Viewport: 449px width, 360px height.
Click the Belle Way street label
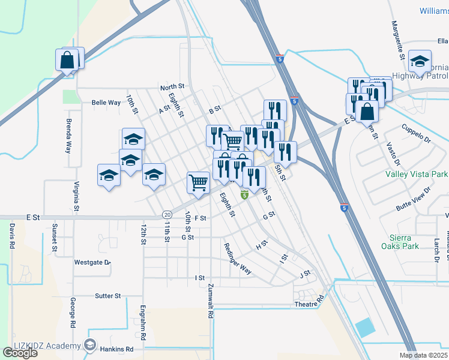coord(106,103)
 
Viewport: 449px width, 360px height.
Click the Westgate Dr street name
coord(92,262)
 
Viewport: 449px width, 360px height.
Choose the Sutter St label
coord(108,296)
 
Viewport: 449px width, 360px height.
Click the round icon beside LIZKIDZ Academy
coord(90,345)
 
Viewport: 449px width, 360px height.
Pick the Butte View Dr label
coord(414,199)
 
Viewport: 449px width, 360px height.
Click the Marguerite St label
coord(397,40)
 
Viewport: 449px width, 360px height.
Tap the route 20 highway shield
coord(167,215)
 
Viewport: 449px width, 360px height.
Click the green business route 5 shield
coord(244,195)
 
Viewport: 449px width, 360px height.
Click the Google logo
coord(20,353)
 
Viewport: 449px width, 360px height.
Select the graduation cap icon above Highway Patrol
coord(420,61)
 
